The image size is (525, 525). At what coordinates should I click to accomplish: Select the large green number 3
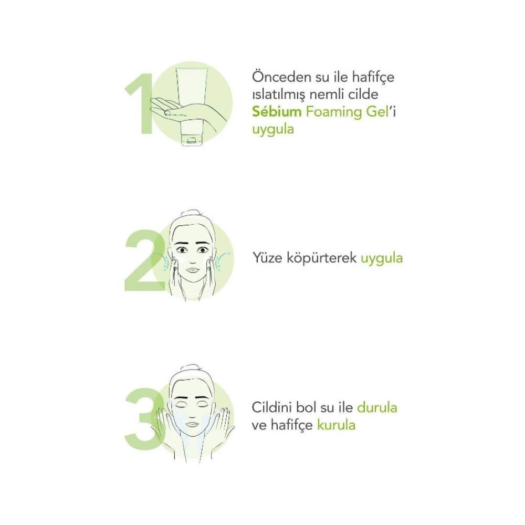coord(144,419)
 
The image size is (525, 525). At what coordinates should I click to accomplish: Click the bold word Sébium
coord(277,111)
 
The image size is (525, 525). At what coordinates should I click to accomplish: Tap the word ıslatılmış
coord(279,95)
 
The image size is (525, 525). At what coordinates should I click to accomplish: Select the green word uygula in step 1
coord(273,130)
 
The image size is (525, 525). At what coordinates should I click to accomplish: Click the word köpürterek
coord(321,258)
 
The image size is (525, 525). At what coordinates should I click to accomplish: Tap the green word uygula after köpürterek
coord(382,259)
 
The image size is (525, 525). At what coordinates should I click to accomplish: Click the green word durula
coord(377,407)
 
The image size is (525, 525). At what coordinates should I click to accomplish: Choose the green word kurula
coord(336,425)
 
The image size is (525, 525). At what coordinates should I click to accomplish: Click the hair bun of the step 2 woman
coord(190,214)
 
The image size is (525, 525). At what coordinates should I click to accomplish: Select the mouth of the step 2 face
coord(192,270)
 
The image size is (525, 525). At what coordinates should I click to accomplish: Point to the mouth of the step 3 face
coord(192,424)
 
